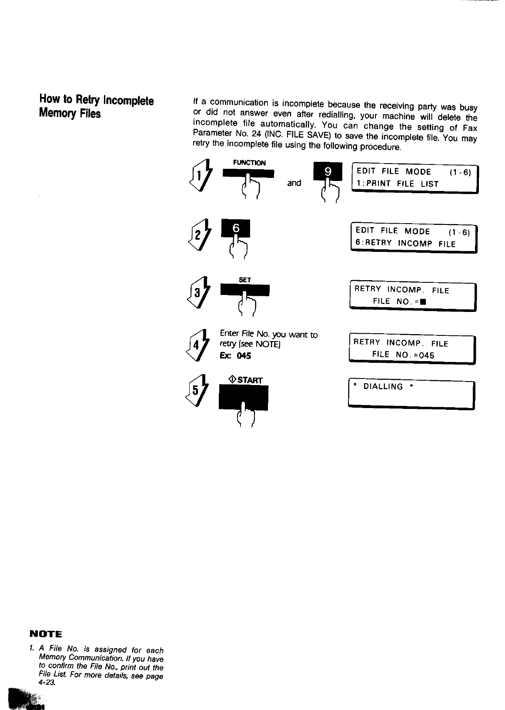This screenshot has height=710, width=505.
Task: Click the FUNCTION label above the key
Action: point(249,163)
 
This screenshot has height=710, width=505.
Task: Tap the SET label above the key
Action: point(245,280)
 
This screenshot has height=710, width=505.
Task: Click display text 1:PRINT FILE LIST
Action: point(397,184)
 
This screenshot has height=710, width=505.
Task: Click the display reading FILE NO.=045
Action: point(403,355)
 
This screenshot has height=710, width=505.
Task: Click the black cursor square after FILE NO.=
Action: point(422,302)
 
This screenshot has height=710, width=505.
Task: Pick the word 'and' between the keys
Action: point(294,183)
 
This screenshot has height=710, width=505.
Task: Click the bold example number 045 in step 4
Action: point(244,356)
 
